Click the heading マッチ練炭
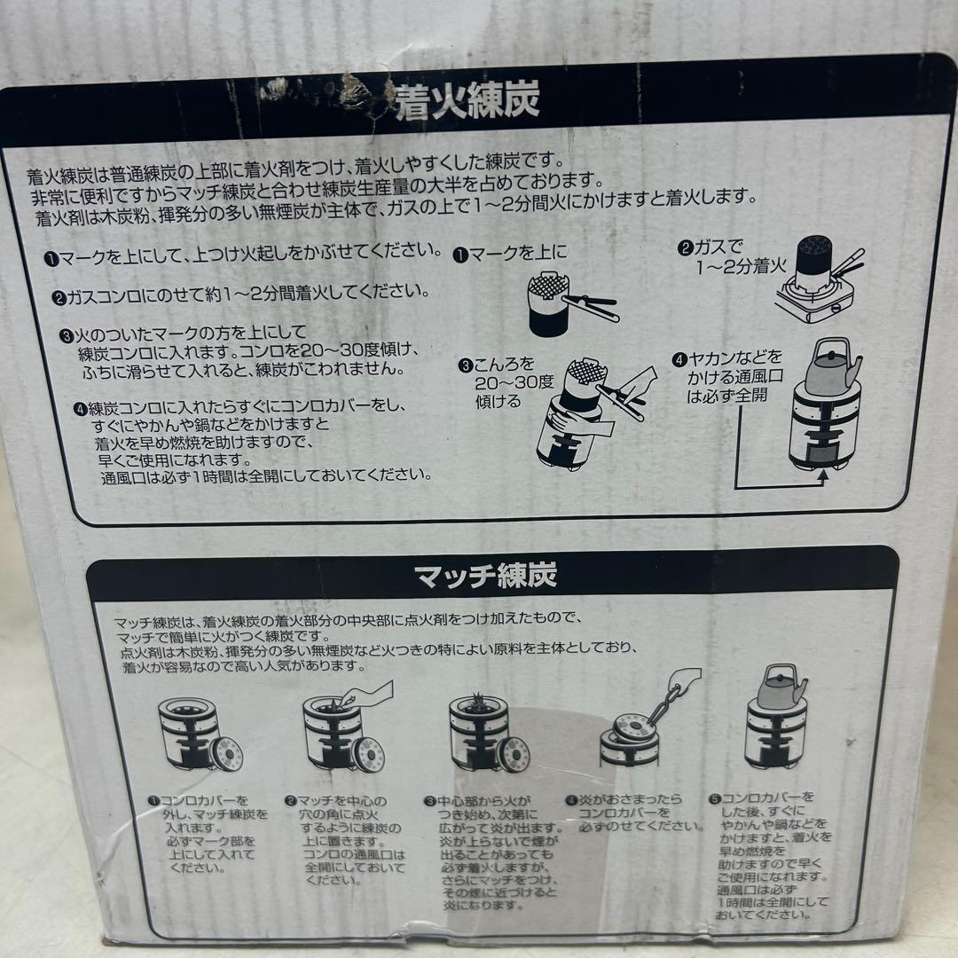[486, 577]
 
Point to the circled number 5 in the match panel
[716, 798]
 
